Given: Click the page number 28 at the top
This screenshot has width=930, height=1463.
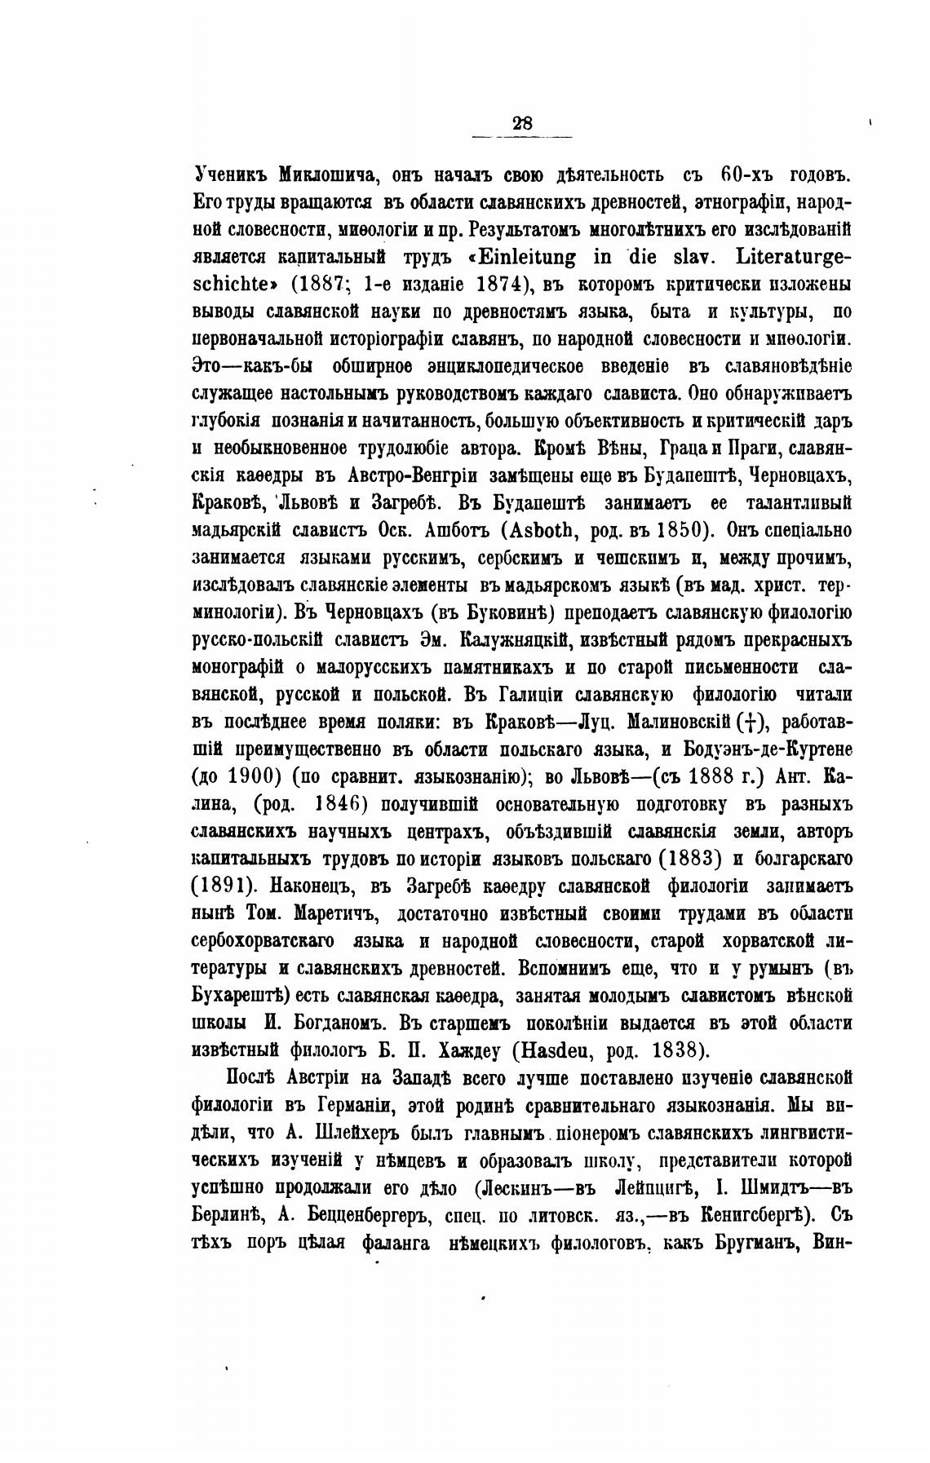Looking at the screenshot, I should [x=522, y=123].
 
